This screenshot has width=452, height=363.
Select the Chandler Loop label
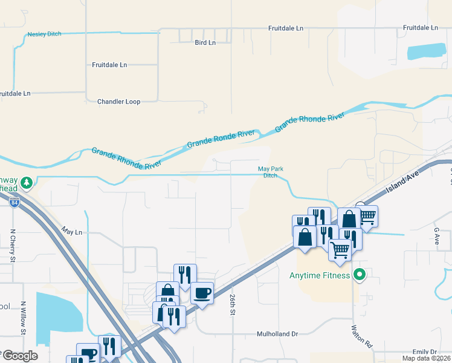pyautogui.click(x=119, y=102)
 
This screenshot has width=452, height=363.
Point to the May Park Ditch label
pyautogui.click(x=270, y=172)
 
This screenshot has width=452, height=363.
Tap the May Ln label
pyautogui.click(x=71, y=231)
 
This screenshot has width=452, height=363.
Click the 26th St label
pyautogui.click(x=232, y=305)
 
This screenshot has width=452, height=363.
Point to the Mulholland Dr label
pyautogui.click(x=278, y=333)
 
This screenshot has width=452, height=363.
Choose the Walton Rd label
pyautogui.click(x=361, y=336)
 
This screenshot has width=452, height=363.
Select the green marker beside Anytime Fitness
pyautogui.click(x=360, y=275)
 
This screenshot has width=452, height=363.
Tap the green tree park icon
pyautogui.click(x=26, y=182)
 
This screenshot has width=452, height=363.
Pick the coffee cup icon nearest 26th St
pyautogui.click(x=202, y=293)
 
